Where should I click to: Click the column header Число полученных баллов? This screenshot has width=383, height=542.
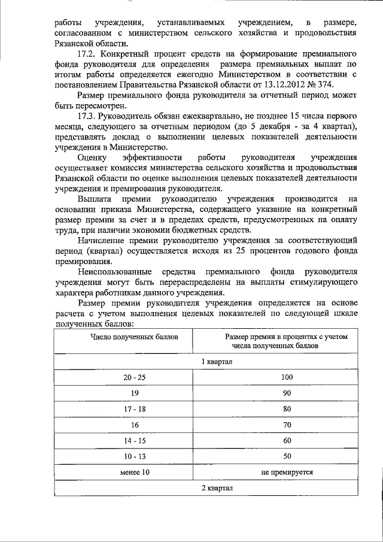pos(134,337)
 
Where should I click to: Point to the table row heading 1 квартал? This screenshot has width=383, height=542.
pos(216,362)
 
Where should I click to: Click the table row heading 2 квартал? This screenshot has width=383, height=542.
pos(216,488)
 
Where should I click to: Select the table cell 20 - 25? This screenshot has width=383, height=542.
pos(134,377)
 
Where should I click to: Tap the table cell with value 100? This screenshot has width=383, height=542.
pos(287,377)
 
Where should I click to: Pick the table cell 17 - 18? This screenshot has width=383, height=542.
pos(134,409)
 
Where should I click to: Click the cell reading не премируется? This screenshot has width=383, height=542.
pos(287,473)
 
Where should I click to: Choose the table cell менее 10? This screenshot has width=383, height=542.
pos(134,473)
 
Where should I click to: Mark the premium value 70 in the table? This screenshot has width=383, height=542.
pos(287,425)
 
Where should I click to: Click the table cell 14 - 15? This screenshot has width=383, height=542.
pos(134,441)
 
